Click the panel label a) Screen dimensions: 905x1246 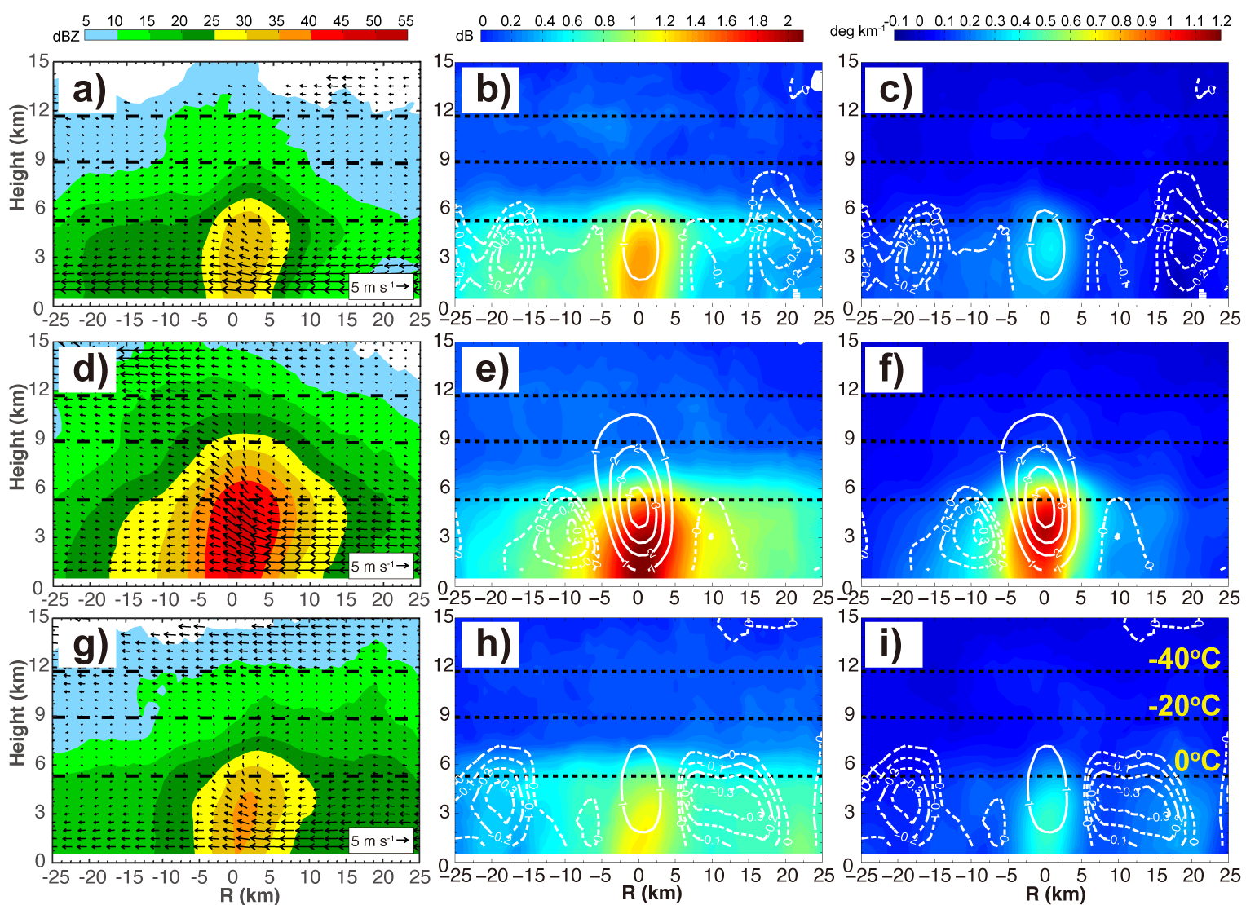pos(89,90)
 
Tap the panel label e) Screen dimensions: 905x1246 pos(491,369)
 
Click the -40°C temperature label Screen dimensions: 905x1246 pos(1184,659)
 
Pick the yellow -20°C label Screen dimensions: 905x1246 pos(1184,706)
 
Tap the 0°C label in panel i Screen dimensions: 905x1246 pos(1197,761)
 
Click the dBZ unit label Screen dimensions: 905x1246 pos(66,36)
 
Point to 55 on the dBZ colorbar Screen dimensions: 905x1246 pos(406,21)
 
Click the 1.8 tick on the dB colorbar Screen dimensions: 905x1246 pos(758,21)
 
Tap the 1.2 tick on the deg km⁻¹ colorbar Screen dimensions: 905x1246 pos(1221,21)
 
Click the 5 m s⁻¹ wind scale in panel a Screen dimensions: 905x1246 pos(381,286)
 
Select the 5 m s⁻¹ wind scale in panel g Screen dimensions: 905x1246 pos(381,841)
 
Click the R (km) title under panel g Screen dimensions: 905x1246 pos(250,895)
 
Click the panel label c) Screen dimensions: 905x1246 pos(895,90)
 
